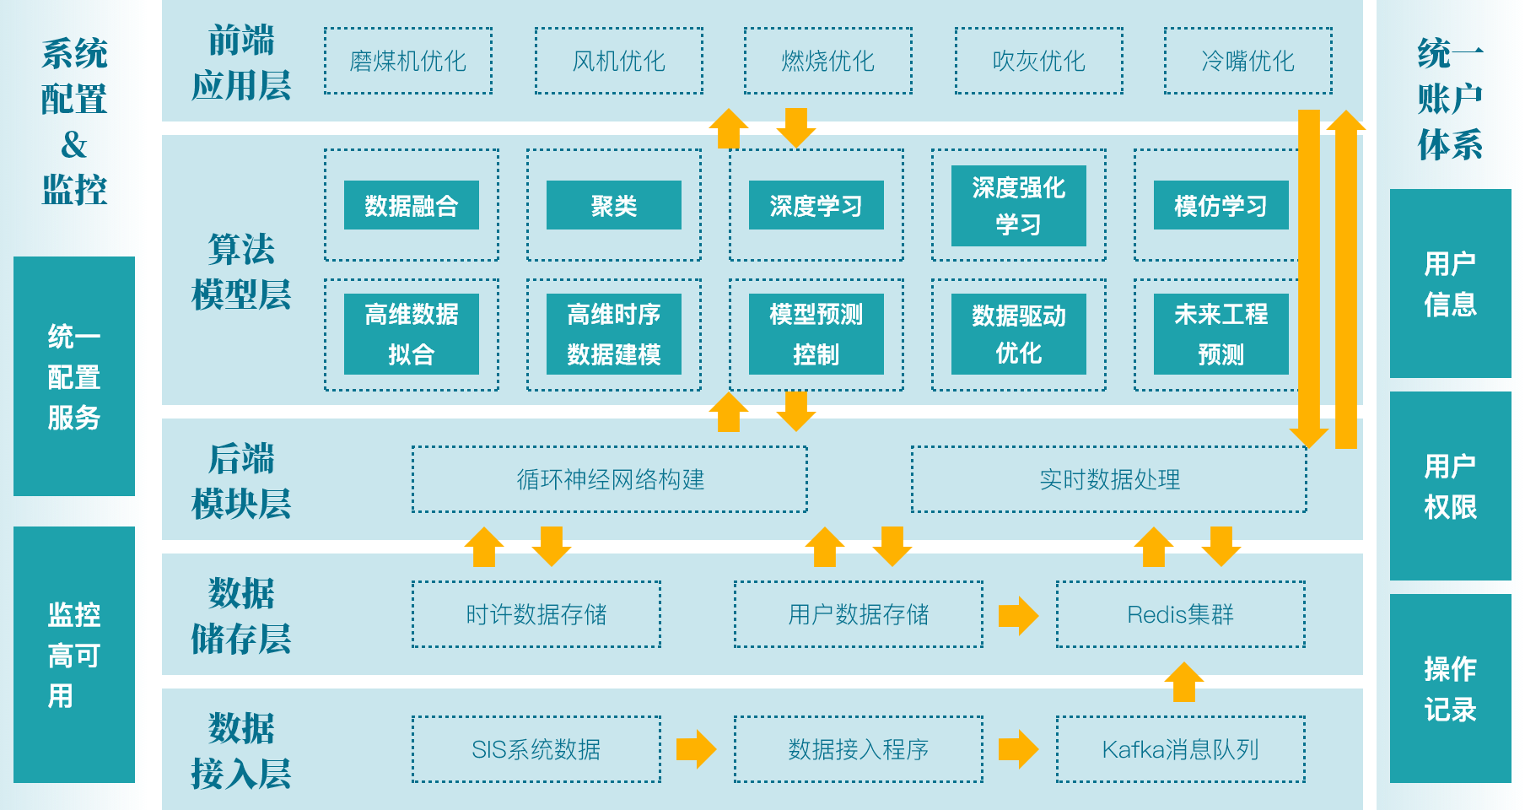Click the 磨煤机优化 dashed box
click(408, 61)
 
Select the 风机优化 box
click(619, 61)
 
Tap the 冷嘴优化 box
click(1248, 61)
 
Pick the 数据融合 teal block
click(412, 205)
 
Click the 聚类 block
click(614, 205)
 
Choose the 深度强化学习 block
click(1019, 206)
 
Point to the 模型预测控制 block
click(816, 334)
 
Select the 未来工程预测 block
click(1221, 334)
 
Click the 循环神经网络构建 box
click(610, 479)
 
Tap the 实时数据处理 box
click(1109, 479)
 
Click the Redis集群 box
click(1181, 614)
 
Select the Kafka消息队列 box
click(1181, 749)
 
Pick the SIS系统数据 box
click(536, 749)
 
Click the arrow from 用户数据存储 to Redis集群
click(1018, 615)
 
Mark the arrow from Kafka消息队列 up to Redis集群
click(1184, 682)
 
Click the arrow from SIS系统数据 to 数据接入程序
click(696, 749)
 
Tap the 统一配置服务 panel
click(74, 376)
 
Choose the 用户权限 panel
click(1450, 486)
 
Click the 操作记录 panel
click(1450, 688)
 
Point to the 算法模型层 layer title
click(241, 272)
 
